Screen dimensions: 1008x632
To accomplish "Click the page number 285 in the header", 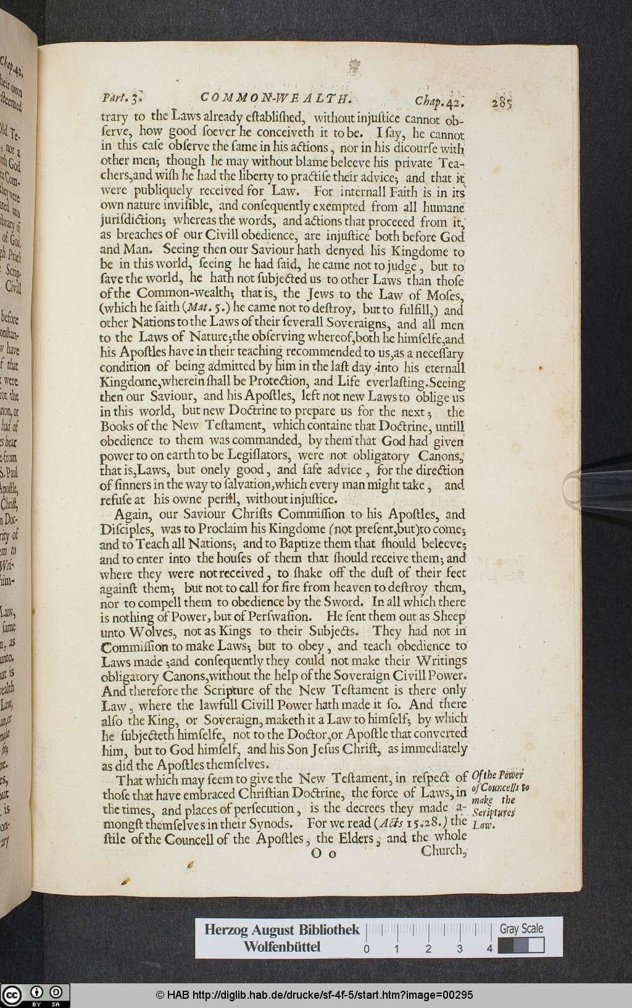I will coord(504,102).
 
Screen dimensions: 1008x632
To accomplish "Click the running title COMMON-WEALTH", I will coord(276,98).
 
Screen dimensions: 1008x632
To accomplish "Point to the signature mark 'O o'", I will coord(323,854).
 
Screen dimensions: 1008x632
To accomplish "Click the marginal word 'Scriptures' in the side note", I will coord(493,812).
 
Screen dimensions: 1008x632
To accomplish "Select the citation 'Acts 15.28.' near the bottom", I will coord(412,823).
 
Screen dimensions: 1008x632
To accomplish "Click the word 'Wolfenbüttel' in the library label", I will coord(282,947).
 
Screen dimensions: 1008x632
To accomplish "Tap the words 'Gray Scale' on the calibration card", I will coord(522,928).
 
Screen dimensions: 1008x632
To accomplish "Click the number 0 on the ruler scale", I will coord(367,949).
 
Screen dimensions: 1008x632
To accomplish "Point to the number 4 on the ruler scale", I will coord(489,949).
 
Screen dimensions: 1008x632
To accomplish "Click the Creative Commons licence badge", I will coord(35,996).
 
